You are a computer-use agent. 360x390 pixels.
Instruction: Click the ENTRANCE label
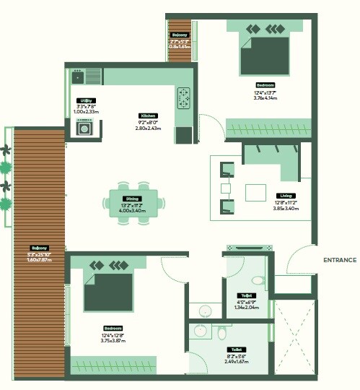340,260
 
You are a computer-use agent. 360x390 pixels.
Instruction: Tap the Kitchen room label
148,116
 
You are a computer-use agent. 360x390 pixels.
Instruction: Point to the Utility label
86,100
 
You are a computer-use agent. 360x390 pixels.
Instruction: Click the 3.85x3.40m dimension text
286,209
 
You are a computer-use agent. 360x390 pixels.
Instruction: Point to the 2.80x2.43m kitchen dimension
149,129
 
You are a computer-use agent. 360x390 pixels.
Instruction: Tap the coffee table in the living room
256,193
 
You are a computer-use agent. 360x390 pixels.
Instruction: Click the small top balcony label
179,35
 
